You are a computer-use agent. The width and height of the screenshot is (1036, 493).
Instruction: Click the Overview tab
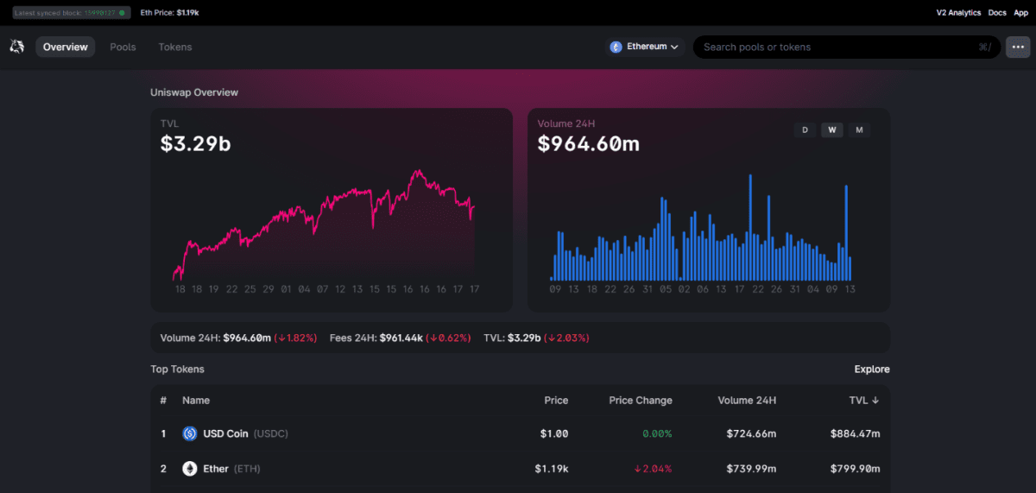(x=66, y=47)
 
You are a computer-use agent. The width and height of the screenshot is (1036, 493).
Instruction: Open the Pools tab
(x=123, y=47)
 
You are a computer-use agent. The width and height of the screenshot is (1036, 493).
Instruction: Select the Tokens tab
(x=175, y=47)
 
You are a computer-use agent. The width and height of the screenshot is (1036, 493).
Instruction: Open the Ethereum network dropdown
(x=644, y=47)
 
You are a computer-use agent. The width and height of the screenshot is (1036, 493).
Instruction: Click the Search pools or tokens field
(x=837, y=47)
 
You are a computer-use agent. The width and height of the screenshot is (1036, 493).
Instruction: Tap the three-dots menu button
(x=1017, y=47)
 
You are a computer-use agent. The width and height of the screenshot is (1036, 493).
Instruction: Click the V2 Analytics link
(x=958, y=13)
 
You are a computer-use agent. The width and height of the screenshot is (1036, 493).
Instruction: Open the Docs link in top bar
(x=997, y=13)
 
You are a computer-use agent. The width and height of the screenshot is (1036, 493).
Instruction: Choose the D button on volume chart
(x=805, y=130)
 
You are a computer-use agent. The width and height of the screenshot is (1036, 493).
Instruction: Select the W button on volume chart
(x=832, y=130)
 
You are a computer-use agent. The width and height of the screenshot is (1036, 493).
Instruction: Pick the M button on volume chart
(x=859, y=130)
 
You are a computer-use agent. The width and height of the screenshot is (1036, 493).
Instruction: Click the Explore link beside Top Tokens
(x=872, y=370)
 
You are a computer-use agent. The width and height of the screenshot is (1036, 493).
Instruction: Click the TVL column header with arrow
(x=863, y=401)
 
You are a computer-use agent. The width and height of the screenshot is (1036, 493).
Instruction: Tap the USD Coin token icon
(x=190, y=433)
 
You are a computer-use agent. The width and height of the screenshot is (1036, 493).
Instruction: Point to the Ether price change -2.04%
(x=653, y=469)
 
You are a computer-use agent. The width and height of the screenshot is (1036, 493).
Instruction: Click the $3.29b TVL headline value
(x=195, y=143)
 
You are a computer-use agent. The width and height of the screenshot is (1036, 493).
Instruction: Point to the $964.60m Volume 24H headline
(x=588, y=143)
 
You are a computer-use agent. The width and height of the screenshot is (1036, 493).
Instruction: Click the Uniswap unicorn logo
(x=16, y=47)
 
